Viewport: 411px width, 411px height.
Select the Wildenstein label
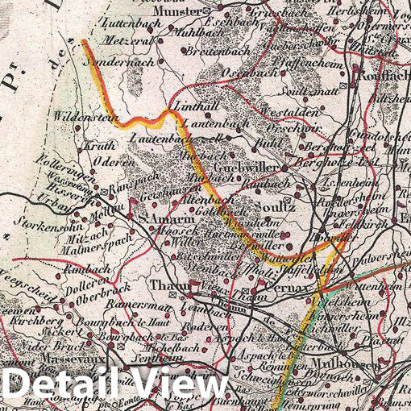tap(82, 117)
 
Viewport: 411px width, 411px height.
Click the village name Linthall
tap(189, 110)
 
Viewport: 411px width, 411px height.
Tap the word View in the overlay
tap(177, 382)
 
